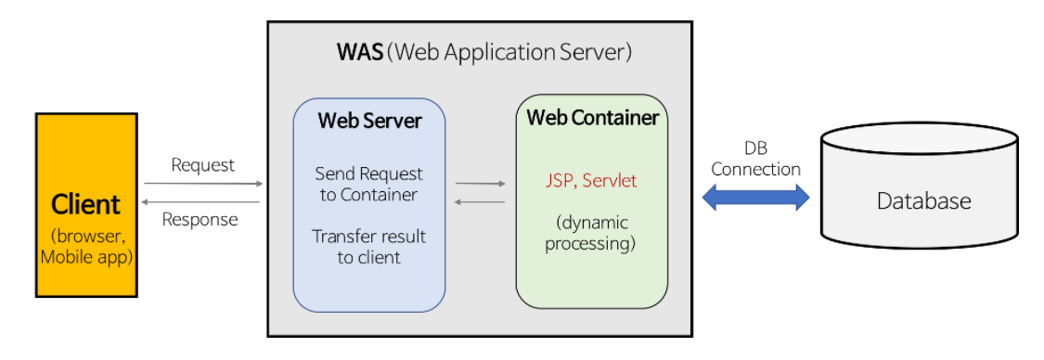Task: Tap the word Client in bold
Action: tap(85, 203)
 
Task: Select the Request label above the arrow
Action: tap(203, 165)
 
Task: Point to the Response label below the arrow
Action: tap(200, 220)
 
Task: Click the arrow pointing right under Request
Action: tap(203, 184)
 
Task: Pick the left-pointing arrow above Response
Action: tap(203, 201)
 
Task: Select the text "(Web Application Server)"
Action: tap(509, 52)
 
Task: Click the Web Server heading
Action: tap(369, 121)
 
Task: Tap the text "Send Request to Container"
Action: tap(369, 184)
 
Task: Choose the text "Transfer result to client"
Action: tap(369, 247)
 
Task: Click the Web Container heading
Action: tap(592, 118)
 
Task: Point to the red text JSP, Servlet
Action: tap(591, 181)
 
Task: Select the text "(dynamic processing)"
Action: tap(590, 234)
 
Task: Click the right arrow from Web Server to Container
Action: tap(480, 184)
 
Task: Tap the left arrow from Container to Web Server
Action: tap(480, 201)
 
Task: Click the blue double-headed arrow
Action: tap(755, 198)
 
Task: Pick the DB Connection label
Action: tap(755, 160)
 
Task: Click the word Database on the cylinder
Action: tap(923, 201)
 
